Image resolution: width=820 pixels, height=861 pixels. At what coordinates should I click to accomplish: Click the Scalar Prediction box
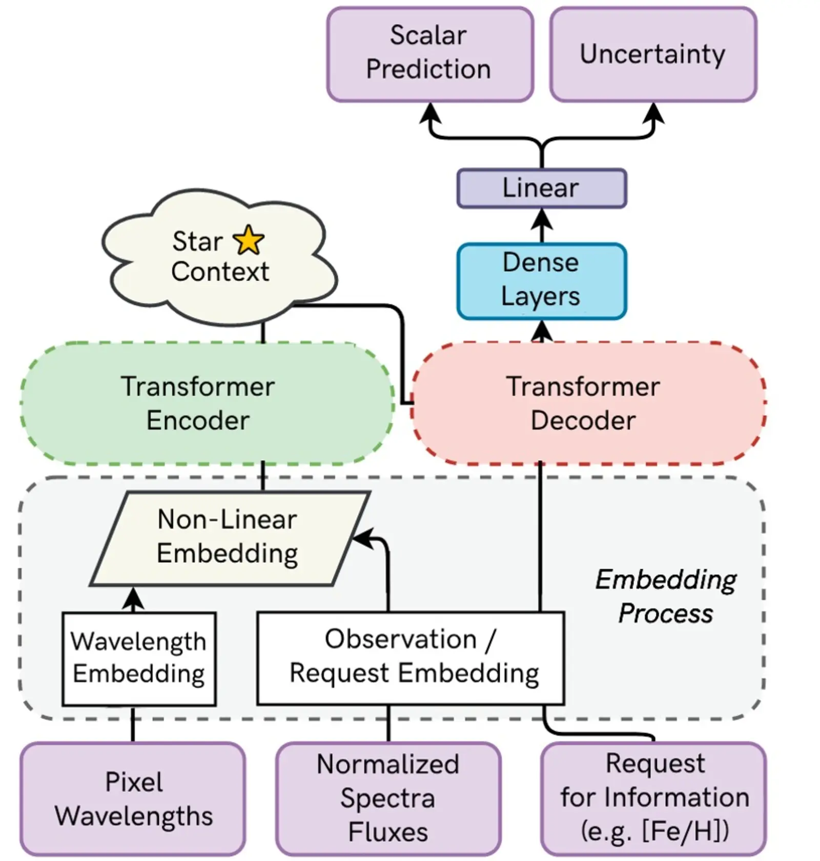[429, 54]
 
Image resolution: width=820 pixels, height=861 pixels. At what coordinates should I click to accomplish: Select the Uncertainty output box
[653, 54]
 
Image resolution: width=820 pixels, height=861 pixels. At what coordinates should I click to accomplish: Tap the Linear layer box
[541, 188]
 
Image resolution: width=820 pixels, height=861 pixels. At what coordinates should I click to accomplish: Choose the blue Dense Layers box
[541, 280]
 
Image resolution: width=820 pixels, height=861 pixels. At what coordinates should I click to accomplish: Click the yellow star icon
[249, 240]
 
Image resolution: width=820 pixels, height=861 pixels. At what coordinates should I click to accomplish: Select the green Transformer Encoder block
[205, 403]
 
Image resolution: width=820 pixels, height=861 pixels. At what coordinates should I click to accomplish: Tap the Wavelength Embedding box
[138, 658]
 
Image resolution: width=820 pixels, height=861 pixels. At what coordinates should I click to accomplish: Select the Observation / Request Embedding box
[410, 658]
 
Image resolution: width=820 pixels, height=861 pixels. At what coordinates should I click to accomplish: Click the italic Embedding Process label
[665, 597]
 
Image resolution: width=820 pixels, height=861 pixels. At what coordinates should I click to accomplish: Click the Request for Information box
[653, 798]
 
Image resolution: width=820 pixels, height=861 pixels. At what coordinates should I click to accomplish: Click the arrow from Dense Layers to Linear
[542, 225]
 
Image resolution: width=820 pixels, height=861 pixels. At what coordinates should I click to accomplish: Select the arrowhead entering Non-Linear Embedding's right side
[361, 538]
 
